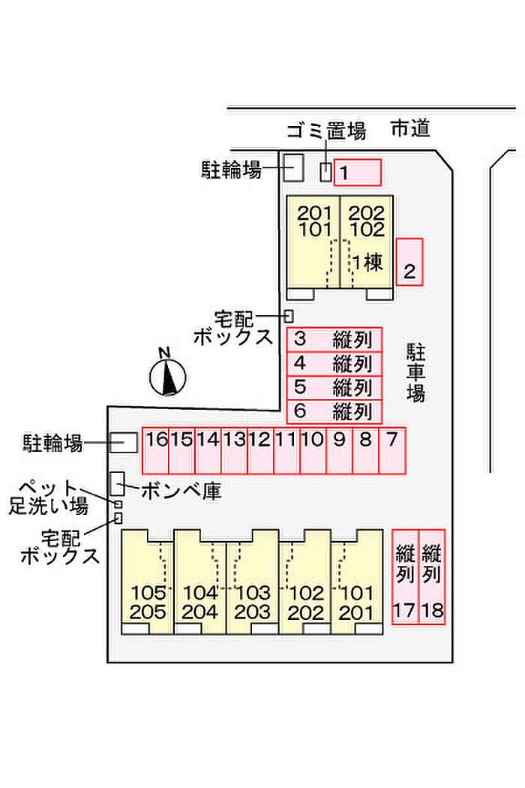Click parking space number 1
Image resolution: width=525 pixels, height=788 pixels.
click(358, 173)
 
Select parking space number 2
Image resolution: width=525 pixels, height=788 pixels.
click(409, 261)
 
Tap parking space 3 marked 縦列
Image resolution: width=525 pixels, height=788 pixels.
click(334, 339)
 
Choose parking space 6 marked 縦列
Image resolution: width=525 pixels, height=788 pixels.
click(334, 411)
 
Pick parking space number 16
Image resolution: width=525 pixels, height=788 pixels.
click(156, 450)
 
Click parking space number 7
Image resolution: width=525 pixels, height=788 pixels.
click(391, 450)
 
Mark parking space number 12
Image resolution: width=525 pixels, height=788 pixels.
click(260, 450)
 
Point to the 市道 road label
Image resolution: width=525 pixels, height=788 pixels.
click(410, 129)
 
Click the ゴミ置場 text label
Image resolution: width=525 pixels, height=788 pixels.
click(327, 131)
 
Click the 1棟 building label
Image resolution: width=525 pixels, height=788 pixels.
click(367, 263)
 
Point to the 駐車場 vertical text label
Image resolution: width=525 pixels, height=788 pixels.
click(415, 372)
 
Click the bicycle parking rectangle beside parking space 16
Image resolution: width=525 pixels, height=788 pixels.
click(124, 443)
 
